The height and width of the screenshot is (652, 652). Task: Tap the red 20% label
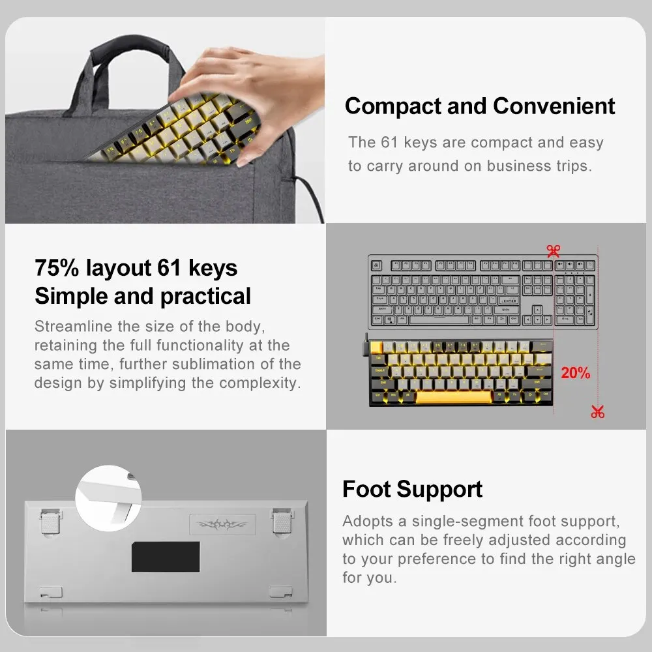click(575, 373)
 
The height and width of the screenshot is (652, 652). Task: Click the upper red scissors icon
click(554, 250)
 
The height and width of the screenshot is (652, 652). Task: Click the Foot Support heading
click(412, 489)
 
